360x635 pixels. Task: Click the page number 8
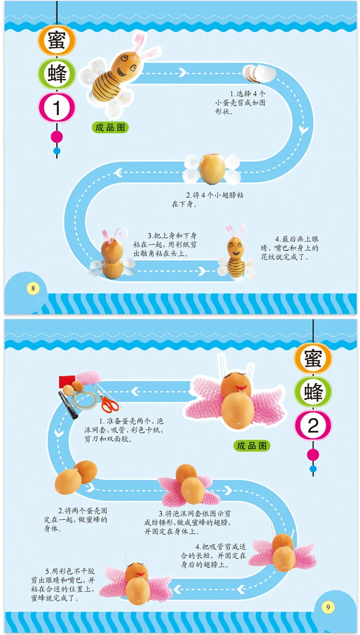(32, 288)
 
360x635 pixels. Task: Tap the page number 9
(327, 607)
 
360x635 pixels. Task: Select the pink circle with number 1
(57, 108)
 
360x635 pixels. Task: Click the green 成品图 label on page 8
(110, 128)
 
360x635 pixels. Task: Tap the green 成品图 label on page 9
(252, 445)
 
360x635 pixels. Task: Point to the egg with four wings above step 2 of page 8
(212, 168)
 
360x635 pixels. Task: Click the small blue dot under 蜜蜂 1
(57, 150)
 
